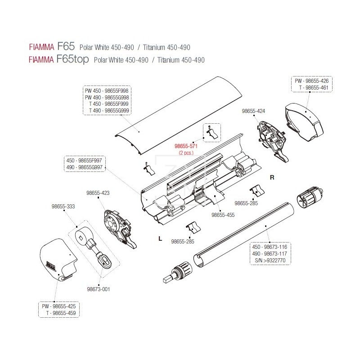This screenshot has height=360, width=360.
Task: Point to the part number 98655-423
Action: [99, 193]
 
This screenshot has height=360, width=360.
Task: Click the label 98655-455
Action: [224, 215]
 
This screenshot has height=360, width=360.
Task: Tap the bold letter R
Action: [272, 177]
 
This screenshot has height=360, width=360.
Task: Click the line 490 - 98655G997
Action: [85, 167]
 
